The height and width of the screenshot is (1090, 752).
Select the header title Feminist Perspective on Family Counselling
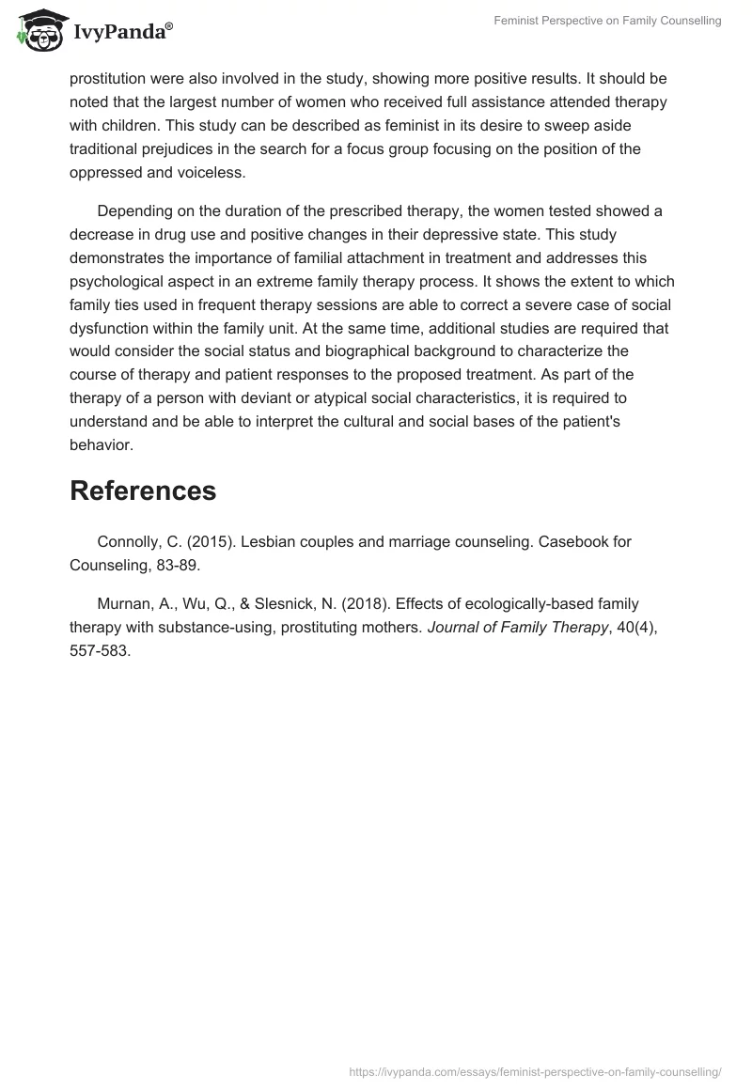pyautogui.click(x=608, y=21)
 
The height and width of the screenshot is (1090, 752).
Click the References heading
pyautogui.click(x=143, y=490)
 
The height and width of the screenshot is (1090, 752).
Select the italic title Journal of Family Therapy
pyautogui.click(x=517, y=627)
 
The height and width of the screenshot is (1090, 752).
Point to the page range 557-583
pyautogui.click(x=100, y=649)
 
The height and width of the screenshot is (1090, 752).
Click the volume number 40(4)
pyautogui.click(x=634, y=627)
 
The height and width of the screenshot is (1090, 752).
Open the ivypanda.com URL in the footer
pyautogui.click(x=535, y=1071)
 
